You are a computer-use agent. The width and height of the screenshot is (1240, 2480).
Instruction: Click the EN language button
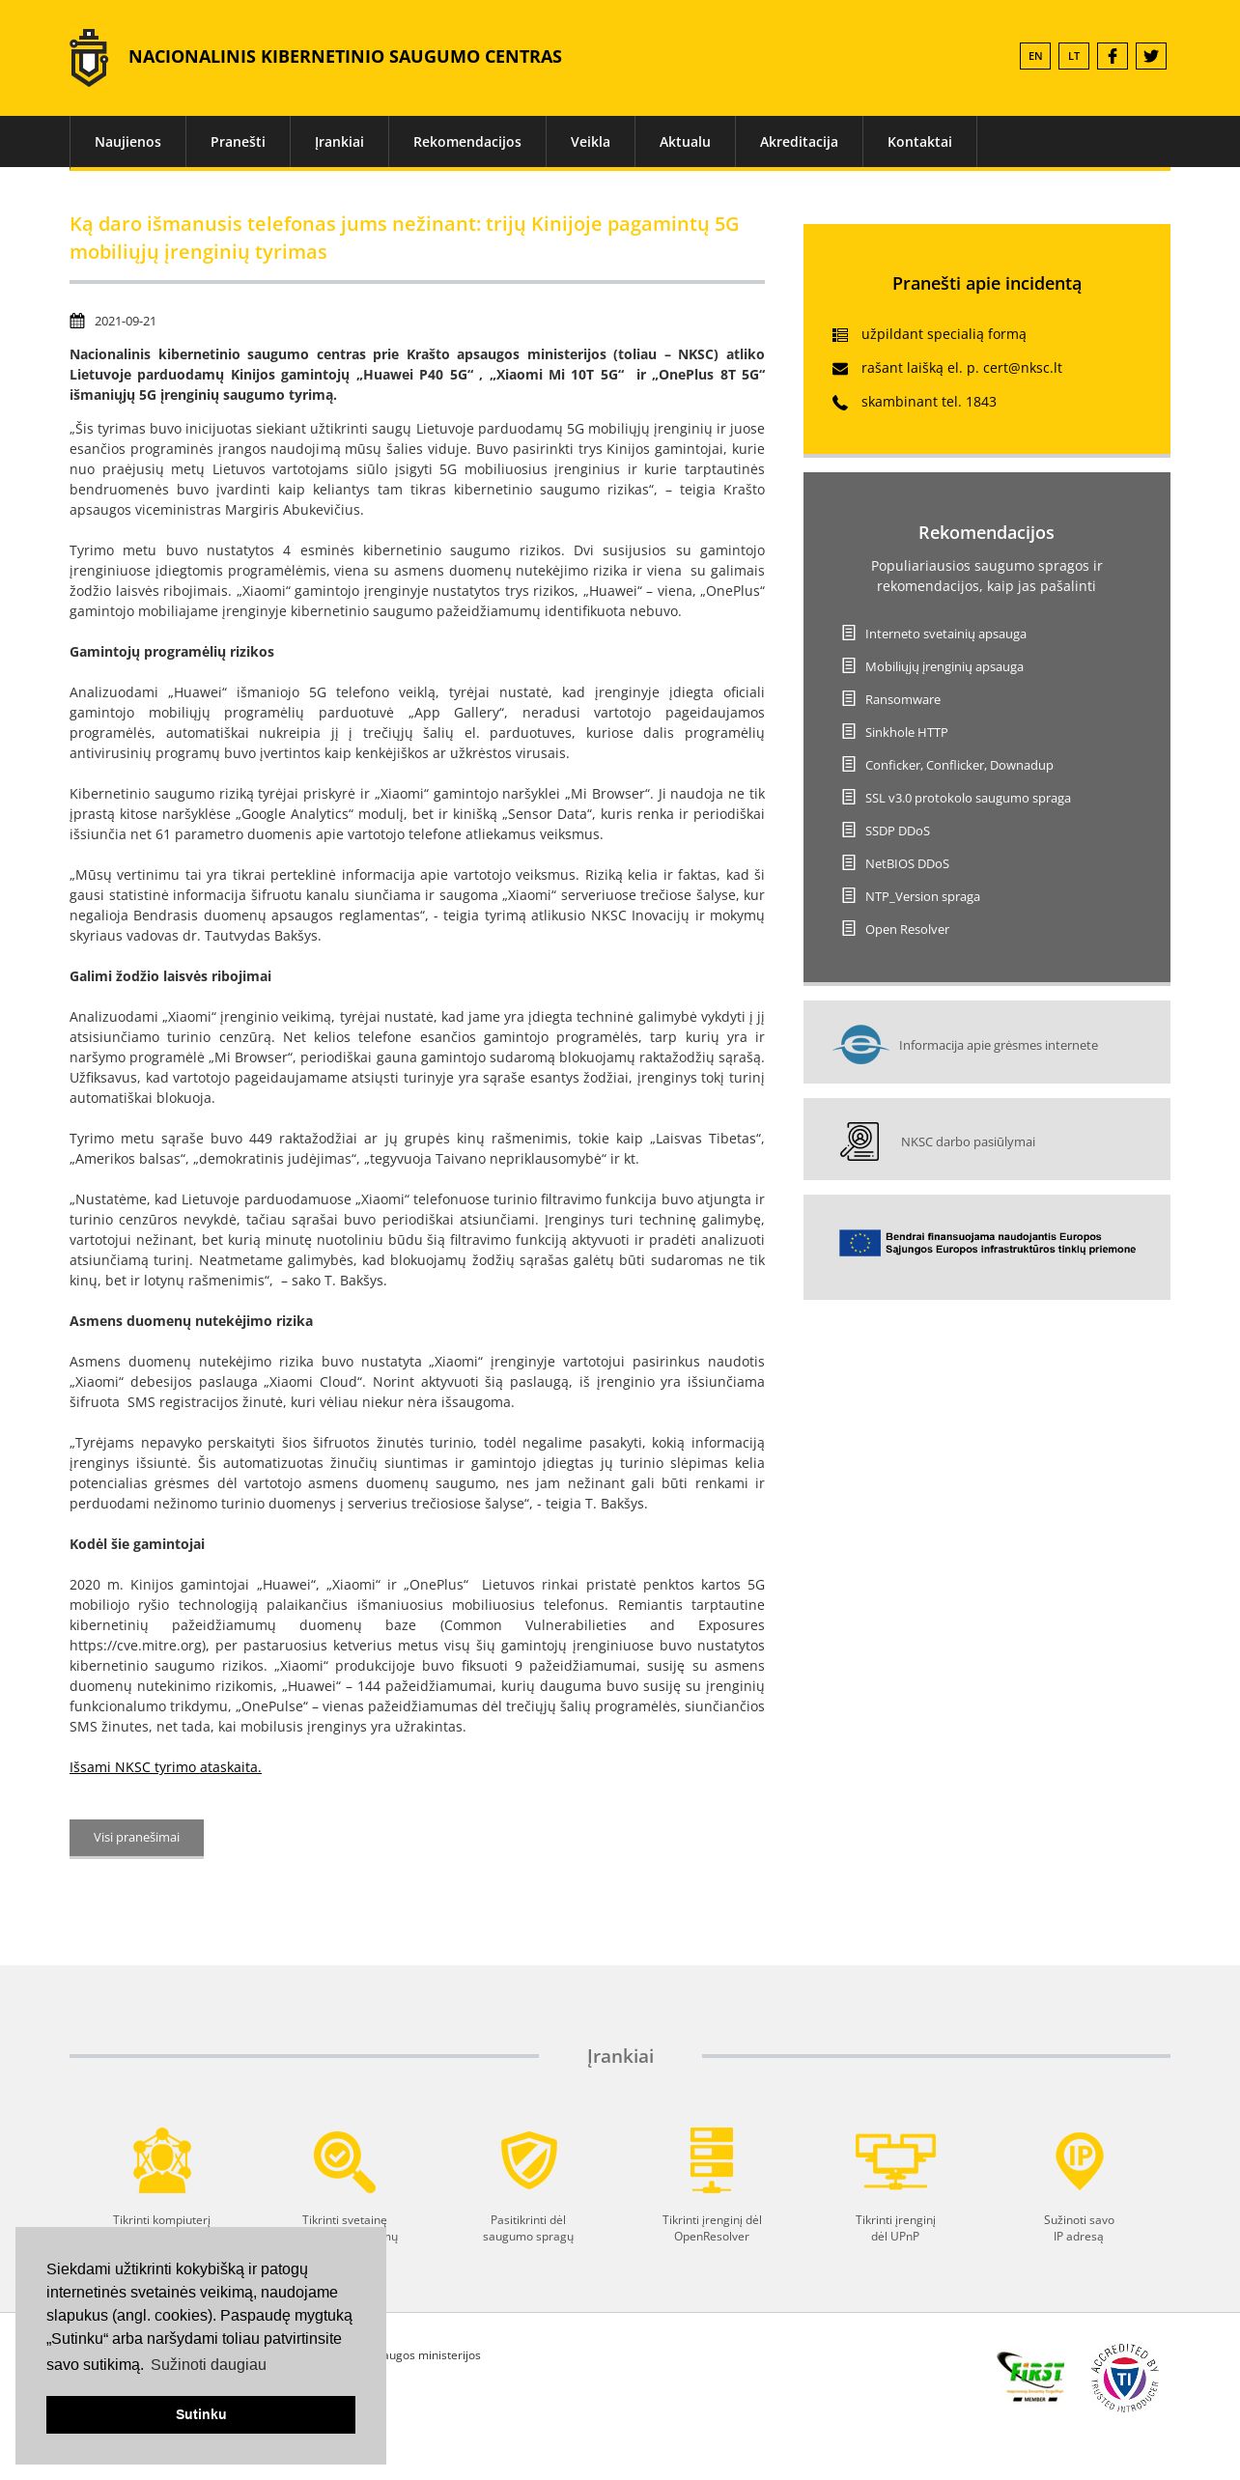tap(1034, 56)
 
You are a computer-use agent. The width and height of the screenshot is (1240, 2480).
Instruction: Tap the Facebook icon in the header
tap(1112, 56)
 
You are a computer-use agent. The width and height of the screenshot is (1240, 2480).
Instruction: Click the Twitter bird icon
tap(1150, 56)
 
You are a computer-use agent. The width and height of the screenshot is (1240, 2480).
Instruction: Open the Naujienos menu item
tap(127, 142)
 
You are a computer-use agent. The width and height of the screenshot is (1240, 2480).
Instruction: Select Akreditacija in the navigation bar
tap(798, 142)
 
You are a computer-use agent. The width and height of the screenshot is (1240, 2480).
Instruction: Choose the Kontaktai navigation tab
tap(918, 142)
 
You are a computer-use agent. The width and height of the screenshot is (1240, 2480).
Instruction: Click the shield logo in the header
tap(89, 58)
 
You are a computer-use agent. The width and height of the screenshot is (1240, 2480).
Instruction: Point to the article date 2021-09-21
tap(125, 322)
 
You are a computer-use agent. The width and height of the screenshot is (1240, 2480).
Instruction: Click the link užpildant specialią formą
tap(943, 334)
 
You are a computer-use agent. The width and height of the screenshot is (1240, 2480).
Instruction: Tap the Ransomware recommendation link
tap(902, 699)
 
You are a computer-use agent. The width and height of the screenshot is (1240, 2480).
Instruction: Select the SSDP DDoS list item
tap(896, 831)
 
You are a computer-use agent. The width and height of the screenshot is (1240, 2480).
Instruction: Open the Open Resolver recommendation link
tap(906, 929)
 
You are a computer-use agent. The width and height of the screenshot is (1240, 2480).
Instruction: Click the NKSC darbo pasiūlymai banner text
tap(967, 1141)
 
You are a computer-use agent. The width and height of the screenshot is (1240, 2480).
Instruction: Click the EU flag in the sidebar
tap(860, 1243)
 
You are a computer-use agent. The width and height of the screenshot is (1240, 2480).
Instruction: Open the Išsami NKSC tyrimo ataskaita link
tap(165, 1767)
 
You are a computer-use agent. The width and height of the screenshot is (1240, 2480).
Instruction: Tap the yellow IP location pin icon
tap(1078, 2160)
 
